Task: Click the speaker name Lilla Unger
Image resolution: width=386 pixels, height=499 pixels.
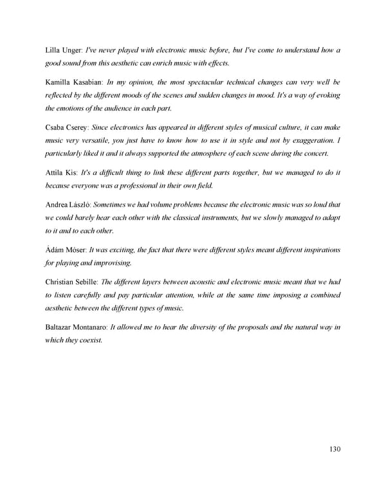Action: tap(64, 50)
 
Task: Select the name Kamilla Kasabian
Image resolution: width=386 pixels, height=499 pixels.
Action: tap(74, 82)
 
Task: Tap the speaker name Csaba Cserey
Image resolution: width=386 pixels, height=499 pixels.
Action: tap(68, 127)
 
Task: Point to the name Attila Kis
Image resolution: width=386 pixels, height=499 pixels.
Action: tap(60, 172)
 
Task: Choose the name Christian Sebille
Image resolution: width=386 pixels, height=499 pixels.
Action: tap(71, 282)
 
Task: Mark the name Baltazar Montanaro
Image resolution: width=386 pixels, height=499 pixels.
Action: tap(76, 327)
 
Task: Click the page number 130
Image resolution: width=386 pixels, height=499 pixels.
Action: tap(333, 449)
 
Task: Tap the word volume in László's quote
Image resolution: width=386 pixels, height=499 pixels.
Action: tap(163, 204)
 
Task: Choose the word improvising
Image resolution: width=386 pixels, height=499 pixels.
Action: tap(113, 262)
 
